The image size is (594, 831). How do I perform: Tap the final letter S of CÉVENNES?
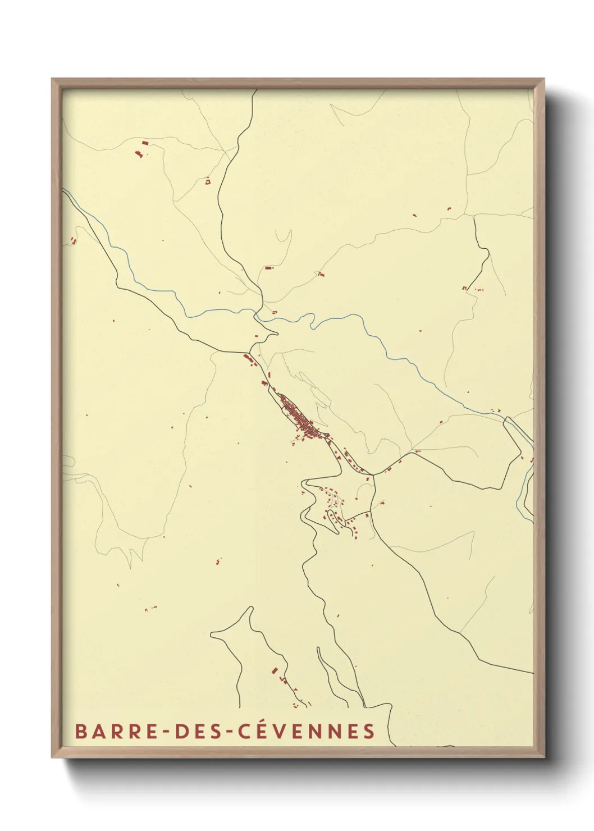[x=368, y=732]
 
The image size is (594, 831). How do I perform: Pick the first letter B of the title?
[x=80, y=732]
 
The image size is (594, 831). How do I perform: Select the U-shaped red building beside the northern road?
[x=207, y=181]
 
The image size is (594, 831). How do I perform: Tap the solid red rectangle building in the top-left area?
[x=145, y=143]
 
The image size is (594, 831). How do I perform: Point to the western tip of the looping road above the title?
[x=212, y=636]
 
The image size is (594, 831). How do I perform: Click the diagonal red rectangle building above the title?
[x=275, y=670]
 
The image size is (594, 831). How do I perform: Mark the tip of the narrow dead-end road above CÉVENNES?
[x=318, y=649]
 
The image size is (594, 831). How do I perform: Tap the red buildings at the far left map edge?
[x=72, y=240]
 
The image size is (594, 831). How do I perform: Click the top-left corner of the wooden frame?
[x=52, y=79]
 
